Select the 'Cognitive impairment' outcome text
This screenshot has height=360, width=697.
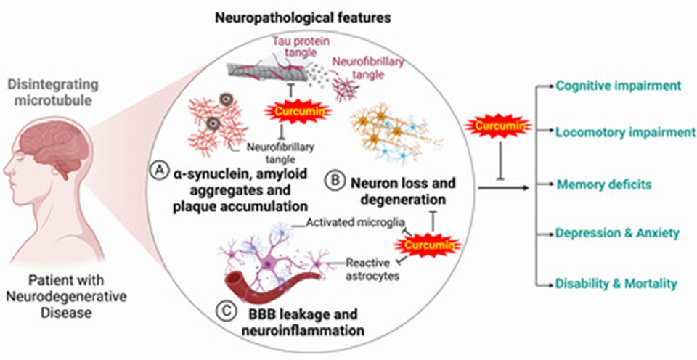coord(618,86)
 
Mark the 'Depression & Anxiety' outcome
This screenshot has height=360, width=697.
coord(617,233)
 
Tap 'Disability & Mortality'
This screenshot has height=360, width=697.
coord(617,282)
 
